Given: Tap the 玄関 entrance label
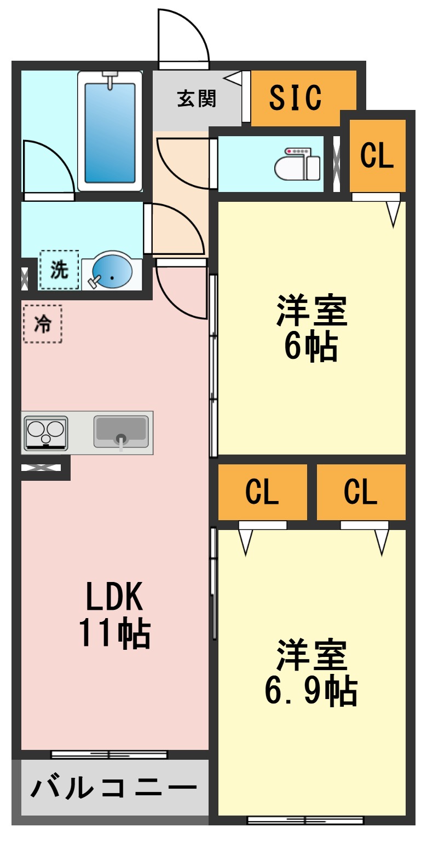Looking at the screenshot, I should coord(197,98).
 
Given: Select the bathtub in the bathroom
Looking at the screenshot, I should coord(110,131).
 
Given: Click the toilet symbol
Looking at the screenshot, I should coord(298,164).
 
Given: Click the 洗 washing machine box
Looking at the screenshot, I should coord(59,270).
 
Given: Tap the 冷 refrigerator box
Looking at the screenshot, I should coord(43,324).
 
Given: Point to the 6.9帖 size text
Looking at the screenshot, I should coord(311,691).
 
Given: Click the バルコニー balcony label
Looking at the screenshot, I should coord(113,788).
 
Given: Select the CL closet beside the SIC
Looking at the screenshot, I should coord(377,156).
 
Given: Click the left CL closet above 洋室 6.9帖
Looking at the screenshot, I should coord(262,491).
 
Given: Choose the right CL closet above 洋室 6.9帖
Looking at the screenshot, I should coord(361,491).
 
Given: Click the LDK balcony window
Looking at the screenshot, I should coord(109,755).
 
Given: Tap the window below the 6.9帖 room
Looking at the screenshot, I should coord(305,820).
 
